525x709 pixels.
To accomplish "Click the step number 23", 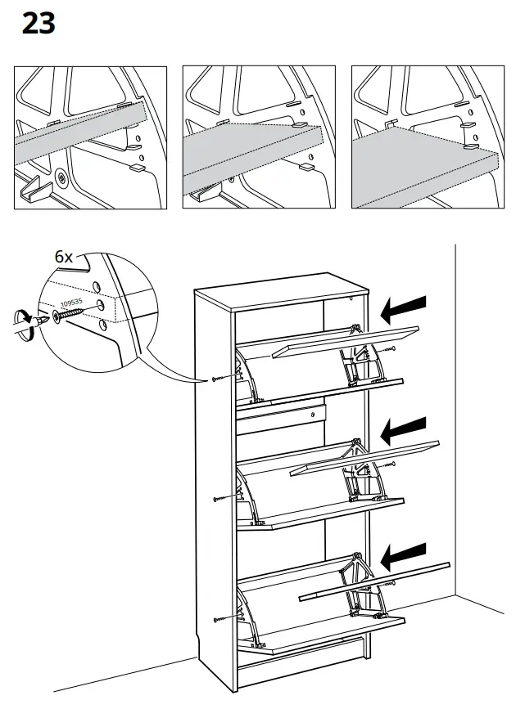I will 38,24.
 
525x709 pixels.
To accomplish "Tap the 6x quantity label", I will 64,256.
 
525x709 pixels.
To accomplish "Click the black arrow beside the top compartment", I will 404,308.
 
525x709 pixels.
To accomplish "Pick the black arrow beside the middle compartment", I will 404,428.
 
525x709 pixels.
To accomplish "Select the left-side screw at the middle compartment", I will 216,497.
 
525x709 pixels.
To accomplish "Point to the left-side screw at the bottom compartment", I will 216,620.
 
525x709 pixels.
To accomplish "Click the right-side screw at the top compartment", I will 392,348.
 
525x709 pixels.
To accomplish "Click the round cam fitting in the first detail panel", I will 62,176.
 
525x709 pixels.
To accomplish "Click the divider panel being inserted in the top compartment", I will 344,340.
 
